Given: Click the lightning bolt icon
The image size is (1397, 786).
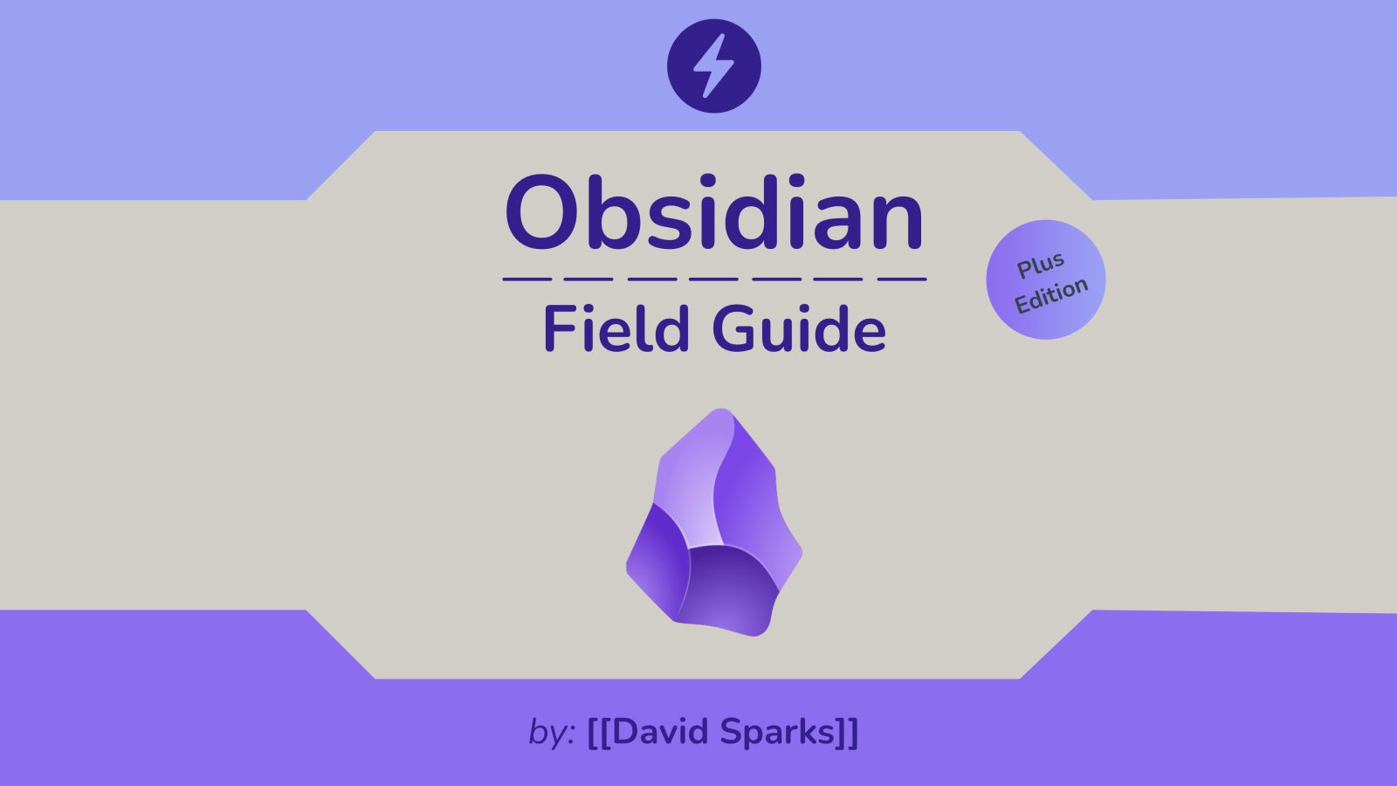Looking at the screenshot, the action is (x=714, y=66).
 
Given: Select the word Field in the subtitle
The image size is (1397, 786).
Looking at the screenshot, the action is (x=616, y=328).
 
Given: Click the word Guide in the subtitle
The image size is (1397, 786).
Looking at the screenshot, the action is (x=799, y=328).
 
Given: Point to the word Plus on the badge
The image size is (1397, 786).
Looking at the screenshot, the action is (x=1040, y=265).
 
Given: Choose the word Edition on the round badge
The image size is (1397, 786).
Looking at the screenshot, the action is (x=1051, y=295).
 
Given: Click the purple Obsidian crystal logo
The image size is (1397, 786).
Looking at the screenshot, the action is (x=714, y=522).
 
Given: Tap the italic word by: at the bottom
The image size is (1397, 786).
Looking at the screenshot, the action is (x=551, y=732).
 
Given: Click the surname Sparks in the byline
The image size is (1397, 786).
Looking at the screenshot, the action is (x=778, y=732).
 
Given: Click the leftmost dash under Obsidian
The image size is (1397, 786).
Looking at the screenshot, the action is (x=527, y=279).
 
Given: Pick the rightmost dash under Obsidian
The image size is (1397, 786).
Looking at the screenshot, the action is (x=902, y=279).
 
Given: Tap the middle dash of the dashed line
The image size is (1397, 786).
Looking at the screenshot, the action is (x=713, y=279).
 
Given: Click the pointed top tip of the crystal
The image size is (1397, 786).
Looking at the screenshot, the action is (x=721, y=410).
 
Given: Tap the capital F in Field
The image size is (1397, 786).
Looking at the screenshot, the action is (x=560, y=328).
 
